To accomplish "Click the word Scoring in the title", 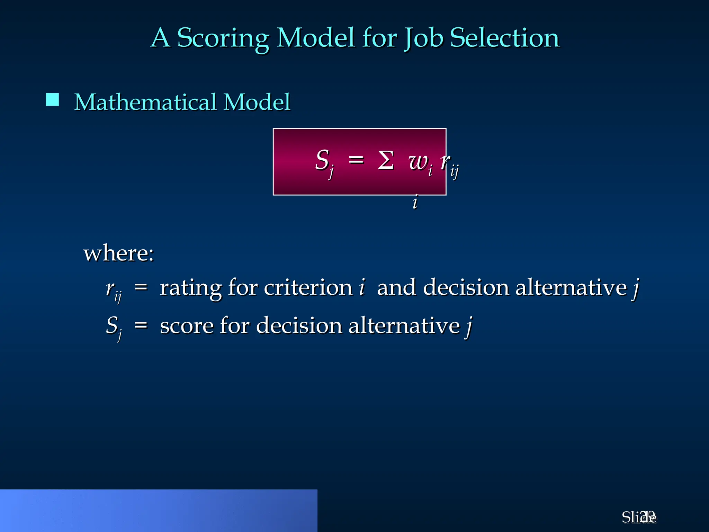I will click(223, 38).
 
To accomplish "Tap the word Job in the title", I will click(423, 38).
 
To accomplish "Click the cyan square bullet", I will click(52, 100).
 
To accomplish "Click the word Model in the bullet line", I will click(257, 102).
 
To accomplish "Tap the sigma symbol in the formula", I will click(386, 160).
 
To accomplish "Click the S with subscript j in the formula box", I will click(324, 162).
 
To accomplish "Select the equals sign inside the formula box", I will click(356, 160).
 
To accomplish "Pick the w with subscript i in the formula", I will click(420, 163).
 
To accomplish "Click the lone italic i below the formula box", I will click(415, 202).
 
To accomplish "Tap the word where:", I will click(118, 253).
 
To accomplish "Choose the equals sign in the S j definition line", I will click(141, 325).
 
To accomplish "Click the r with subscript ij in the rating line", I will click(113, 290).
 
